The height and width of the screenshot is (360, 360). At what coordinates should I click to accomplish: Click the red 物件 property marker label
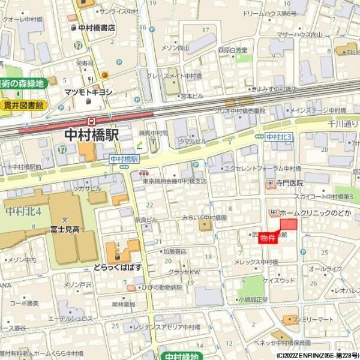(268, 238)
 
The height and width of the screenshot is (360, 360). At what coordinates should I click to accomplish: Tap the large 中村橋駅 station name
(91, 136)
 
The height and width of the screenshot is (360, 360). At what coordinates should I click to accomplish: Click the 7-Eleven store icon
(78, 45)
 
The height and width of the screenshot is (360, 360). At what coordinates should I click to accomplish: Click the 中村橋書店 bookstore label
(96, 28)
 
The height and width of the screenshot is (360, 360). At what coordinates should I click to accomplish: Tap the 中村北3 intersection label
(278, 137)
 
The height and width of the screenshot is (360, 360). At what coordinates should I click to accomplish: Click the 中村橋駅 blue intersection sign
(124, 159)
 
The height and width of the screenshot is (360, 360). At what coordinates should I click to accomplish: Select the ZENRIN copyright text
(316, 355)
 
